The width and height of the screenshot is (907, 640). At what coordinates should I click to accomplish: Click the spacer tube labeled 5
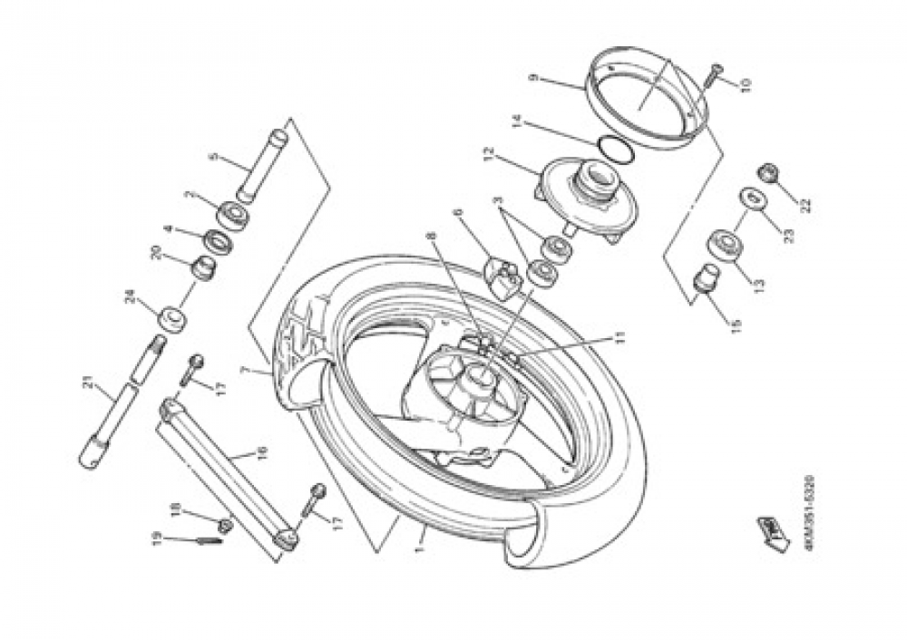(262, 165)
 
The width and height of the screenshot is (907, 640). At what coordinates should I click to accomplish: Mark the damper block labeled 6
(500, 274)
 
